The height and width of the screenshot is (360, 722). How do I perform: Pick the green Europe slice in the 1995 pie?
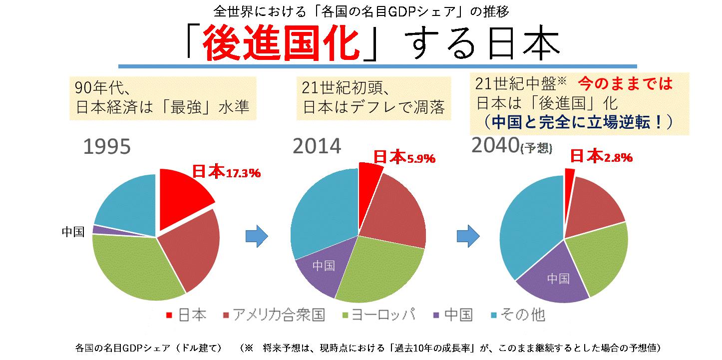tap(135, 265)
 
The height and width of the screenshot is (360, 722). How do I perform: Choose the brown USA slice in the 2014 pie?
tap(394, 210)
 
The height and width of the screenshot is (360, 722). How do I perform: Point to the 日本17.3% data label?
tap(226, 172)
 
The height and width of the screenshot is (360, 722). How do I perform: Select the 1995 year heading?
tap(107, 147)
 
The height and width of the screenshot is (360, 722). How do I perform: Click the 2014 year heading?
tap(317, 146)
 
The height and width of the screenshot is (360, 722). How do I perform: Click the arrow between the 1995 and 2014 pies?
tap(257, 236)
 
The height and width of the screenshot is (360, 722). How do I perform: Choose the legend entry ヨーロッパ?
tap(380, 315)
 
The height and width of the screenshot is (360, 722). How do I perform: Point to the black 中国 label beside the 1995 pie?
tap(73, 232)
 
